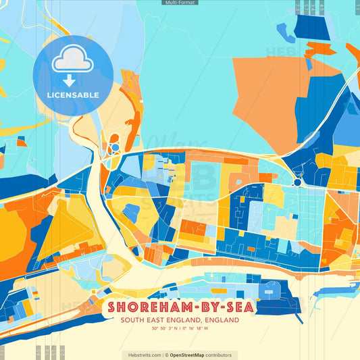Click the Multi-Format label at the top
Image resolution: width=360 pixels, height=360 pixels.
coord(180,3)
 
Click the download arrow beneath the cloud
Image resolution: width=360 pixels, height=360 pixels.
coord(73,80)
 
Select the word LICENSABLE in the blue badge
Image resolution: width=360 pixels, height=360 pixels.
coord(73,95)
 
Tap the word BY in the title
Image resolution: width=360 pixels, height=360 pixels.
coord(201,307)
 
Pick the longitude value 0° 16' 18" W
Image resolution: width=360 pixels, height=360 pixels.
coord(195,329)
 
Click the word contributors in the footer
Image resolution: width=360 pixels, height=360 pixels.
coord(219,355)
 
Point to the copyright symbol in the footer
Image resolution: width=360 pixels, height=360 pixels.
coord(166,355)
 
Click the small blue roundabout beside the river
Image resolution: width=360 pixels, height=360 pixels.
coord(115,147)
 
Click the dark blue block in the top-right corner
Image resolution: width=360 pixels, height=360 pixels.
coord(311,28)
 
